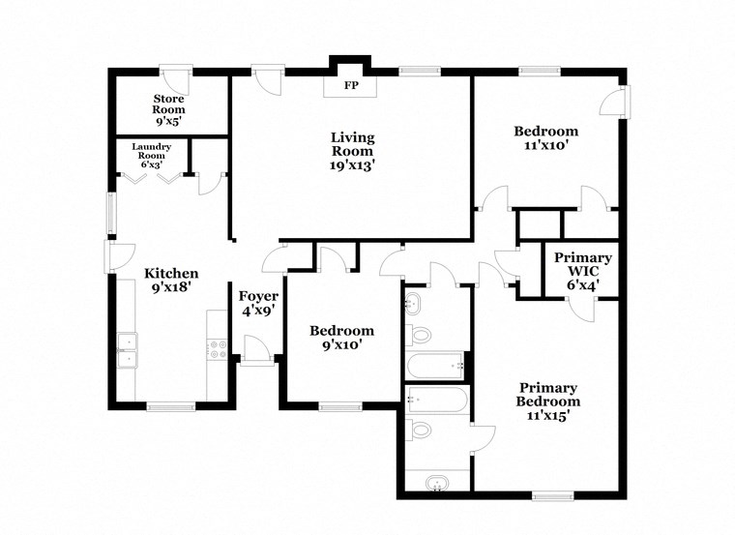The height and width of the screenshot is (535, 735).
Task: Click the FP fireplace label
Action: pyautogui.click(x=350, y=85)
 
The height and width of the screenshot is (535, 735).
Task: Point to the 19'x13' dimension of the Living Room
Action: pyautogui.click(x=352, y=165)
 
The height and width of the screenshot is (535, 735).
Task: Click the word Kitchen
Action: pyautogui.click(x=171, y=274)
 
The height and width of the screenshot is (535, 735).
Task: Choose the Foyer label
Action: pyautogui.click(x=259, y=296)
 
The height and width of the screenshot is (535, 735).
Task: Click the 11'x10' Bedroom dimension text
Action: pyautogui.click(x=545, y=146)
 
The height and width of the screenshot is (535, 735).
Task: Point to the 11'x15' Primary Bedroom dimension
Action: pyautogui.click(x=547, y=416)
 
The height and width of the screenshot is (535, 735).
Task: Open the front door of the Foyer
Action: pyautogui.click(x=257, y=350)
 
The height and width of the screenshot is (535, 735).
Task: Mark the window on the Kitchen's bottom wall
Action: pyautogui.click(x=171, y=406)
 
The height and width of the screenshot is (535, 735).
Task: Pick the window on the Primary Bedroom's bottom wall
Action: pyautogui.click(x=551, y=496)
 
